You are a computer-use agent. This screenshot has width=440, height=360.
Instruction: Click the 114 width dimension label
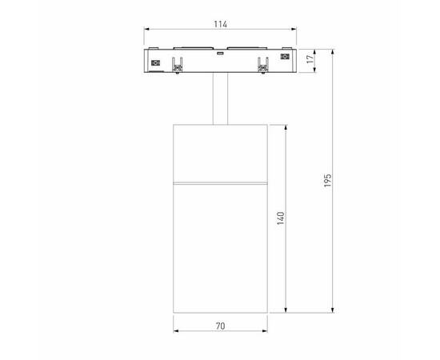coord(218,23)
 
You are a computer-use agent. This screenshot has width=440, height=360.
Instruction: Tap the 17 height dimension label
coord(310,58)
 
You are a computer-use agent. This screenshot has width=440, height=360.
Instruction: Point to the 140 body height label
coord(281,218)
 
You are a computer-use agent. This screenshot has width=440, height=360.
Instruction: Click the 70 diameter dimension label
coord(220,326)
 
